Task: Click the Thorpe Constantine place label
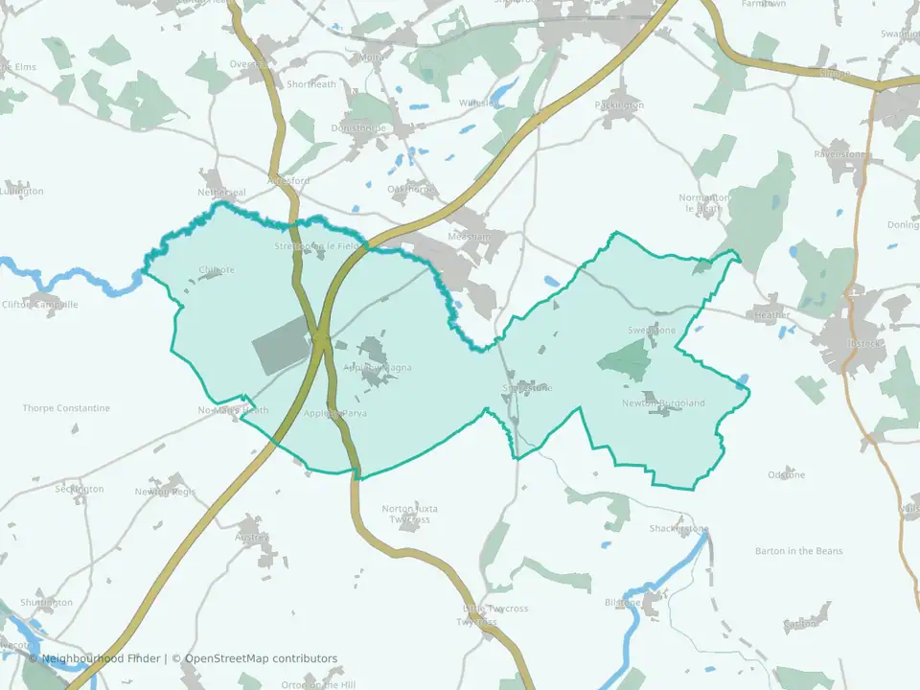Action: pyautogui.click(x=66, y=408)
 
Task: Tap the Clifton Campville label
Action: pyautogui.click(x=39, y=305)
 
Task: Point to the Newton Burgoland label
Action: pyautogui.click(x=663, y=403)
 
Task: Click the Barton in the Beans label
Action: pyautogui.click(x=797, y=551)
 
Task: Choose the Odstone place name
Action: pyautogui.click(x=787, y=475)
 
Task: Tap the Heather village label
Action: pyautogui.click(x=772, y=314)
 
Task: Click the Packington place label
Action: pyautogui.click(x=619, y=104)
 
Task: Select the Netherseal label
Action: pyautogui.click(x=221, y=193)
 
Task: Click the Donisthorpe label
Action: pyautogui.click(x=358, y=127)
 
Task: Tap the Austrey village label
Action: pyautogui.click(x=251, y=538)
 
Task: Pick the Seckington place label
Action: pyautogui.click(x=79, y=489)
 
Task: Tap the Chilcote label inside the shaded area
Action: pyautogui.click(x=216, y=270)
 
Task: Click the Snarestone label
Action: pyautogui.click(x=527, y=388)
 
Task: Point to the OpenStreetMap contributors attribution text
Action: pyautogui.click(x=261, y=658)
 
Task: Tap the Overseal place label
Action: pyautogui.click(x=249, y=64)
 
